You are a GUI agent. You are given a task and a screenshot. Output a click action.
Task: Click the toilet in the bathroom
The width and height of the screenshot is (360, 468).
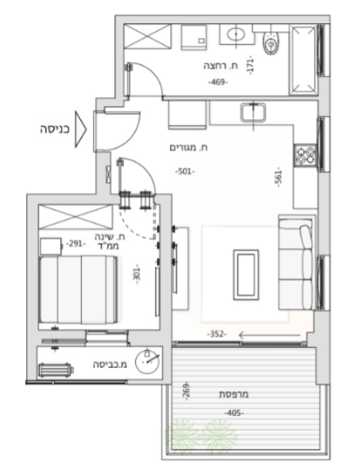click(272, 43)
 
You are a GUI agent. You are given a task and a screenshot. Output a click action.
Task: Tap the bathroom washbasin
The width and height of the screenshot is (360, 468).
click(236, 34)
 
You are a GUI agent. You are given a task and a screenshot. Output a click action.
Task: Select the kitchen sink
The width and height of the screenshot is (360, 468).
click(253, 112)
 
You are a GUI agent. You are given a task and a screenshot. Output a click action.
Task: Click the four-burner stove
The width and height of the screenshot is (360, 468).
click(305, 156)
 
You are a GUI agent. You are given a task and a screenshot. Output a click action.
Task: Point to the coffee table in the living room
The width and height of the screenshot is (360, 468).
click(245, 275)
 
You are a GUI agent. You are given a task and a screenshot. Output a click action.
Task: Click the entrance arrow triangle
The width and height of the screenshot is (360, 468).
click(80, 130)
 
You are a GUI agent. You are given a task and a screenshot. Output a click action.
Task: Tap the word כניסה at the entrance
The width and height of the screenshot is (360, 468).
click(55, 130)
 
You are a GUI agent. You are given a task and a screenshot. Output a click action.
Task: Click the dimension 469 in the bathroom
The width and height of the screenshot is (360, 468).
click(218, 82)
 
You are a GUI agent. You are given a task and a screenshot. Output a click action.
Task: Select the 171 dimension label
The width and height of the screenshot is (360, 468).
click(250, 65)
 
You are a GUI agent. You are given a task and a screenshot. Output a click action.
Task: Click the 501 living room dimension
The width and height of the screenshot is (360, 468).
click(185, 171)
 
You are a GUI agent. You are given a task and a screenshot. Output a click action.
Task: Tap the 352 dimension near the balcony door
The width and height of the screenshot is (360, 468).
click(217, 334)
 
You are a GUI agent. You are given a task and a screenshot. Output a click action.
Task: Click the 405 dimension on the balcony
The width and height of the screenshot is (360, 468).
click(234, 413)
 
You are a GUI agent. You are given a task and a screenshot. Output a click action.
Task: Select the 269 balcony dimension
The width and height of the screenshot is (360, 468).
click(186, 391)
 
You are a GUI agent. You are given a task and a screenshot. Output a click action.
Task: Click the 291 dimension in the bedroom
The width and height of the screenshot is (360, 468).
click(76, 244)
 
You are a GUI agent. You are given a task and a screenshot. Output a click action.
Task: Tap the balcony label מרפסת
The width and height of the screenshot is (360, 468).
click(234, 394)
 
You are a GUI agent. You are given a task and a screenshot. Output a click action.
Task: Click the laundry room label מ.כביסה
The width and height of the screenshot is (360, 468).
click(110, 365)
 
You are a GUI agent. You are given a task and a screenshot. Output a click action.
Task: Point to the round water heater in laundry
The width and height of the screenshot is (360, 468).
click(147, 361)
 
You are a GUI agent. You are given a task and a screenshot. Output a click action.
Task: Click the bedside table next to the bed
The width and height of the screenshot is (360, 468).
click(51, 246)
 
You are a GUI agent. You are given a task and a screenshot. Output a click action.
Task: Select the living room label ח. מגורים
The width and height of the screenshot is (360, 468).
click(189, 147)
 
